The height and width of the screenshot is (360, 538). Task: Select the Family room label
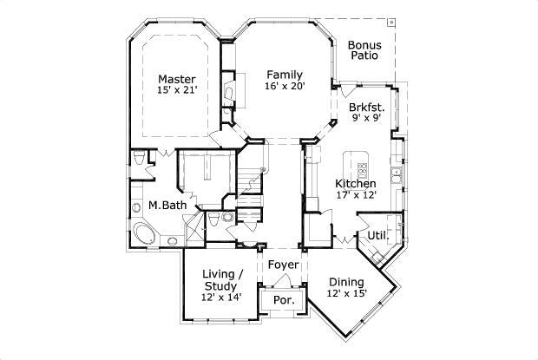tap(284, 74)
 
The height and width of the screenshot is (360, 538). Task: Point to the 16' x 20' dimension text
tap(284, 86)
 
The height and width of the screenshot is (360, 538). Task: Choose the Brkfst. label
tap(366, 108)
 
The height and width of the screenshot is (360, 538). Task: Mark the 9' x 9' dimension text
tap(366, 120)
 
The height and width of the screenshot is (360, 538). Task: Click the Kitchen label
tap(356, 184)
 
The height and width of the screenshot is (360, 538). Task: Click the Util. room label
tap(377, 235)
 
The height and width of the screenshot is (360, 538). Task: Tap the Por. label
tap(283, 300)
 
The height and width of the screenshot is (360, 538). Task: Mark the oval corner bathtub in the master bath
tap(141, 233)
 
